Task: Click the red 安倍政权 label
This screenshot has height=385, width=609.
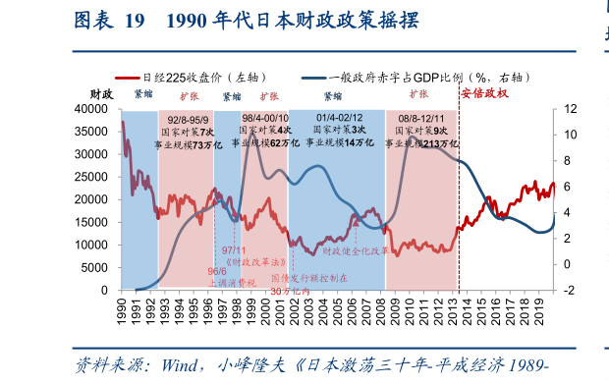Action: pos(483,94)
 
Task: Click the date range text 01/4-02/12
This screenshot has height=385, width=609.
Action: pos(336,118)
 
